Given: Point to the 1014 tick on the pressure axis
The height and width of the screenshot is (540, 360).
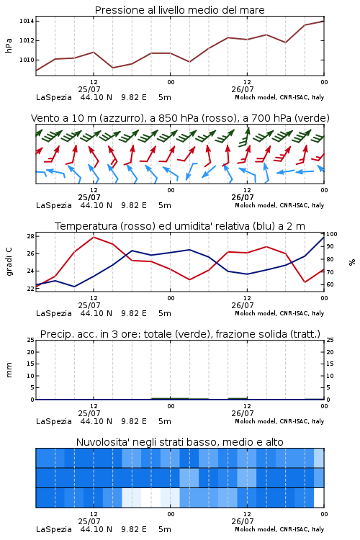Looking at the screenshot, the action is click(x=27, y=22).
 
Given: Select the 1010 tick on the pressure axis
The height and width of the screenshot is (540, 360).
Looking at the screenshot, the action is click(x=27, y=60).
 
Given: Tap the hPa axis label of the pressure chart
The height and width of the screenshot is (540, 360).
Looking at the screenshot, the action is click(x=9, y=45).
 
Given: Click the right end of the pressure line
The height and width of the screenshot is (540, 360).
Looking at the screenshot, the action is click(x=323, y=21).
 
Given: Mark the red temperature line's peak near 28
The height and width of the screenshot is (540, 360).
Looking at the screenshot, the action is click(x=94, y=237).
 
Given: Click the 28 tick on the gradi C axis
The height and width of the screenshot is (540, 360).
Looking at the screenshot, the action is click(x=30, y=236).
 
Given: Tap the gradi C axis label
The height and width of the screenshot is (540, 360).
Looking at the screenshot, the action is click(x=9, y=262).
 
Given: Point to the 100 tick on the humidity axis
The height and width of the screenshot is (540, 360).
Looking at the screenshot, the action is click(x=332, y=234).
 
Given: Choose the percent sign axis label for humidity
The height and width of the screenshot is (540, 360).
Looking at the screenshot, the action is click(x=352, y=262).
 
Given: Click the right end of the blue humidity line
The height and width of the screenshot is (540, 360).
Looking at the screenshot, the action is click(x=323, y=237).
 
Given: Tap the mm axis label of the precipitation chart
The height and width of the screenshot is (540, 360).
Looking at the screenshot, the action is click(x=9, y=370).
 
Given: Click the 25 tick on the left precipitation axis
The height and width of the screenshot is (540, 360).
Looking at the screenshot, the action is click(x=30, y=340).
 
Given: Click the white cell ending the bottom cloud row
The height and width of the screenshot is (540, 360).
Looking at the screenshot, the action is click(x=319, y=498).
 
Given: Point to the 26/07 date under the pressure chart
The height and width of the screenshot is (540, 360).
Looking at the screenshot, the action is click(x=242, y=89).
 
